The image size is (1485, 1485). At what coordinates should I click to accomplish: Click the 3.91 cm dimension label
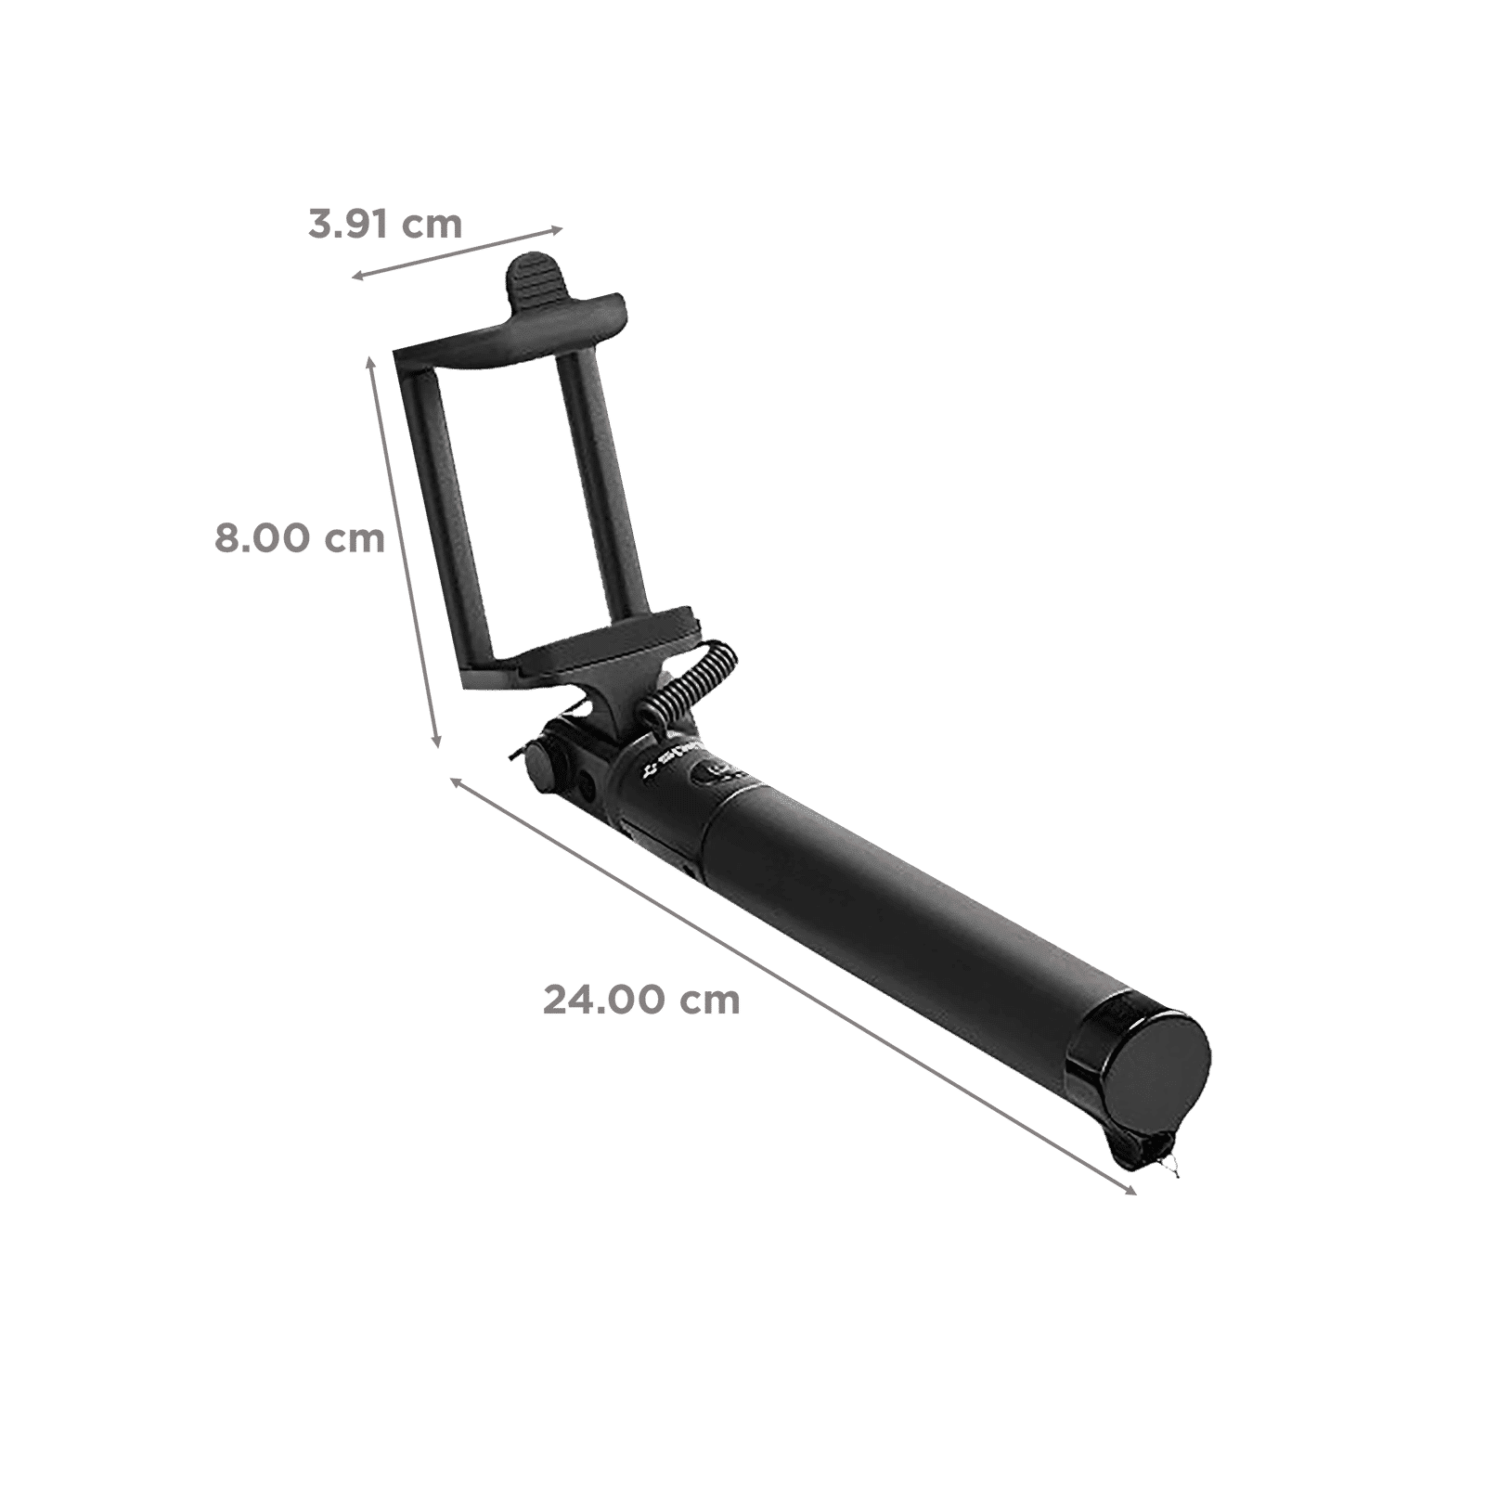tap(385, 224)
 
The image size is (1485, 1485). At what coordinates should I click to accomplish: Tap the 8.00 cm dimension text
tap(299, 538)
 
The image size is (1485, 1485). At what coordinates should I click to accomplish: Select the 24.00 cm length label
tap(641, 1000)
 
